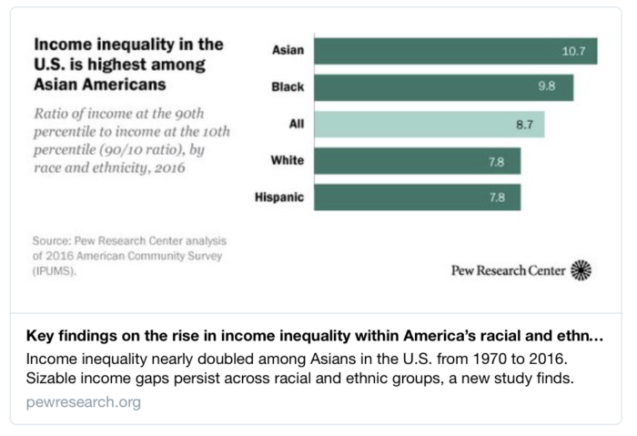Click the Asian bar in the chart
pos(455,51)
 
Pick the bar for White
pos(418,161)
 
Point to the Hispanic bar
pos(418,198)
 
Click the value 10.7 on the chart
pos(573,51)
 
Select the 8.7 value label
pos(524,125)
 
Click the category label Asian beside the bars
pos(288,51)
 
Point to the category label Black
pos(288,88)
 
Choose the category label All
pos(296,125)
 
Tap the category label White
pos(288,161)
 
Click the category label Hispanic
pos(279,198)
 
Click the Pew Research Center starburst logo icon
pos(581,269)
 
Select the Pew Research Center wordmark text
pos(508,270)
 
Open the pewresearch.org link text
pos(84,401)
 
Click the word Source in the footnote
pos(52,241)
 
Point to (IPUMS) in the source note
pos(55,271)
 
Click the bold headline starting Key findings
pos(314,334)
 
